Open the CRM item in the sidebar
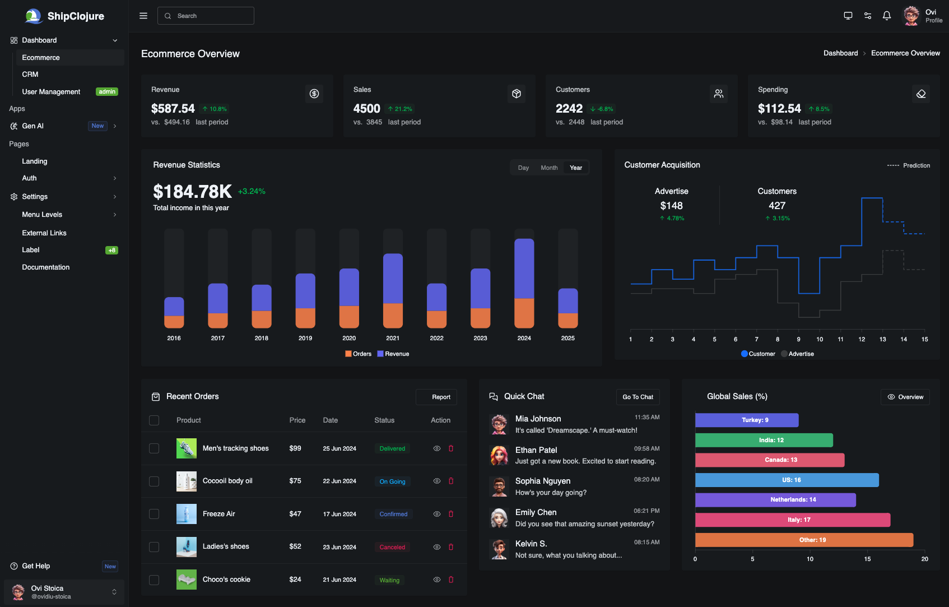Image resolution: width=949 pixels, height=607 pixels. pos(30,75)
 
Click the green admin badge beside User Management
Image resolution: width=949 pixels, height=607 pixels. pos(107,92)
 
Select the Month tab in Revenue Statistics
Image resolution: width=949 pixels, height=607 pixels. pos(549,168)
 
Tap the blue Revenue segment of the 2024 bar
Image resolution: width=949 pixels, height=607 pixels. pos(524,269)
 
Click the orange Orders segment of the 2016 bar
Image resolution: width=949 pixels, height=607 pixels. pos(174,322)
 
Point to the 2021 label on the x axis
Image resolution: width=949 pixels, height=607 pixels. pos(393,338)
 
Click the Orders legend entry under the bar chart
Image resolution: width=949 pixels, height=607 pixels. pos(359,354)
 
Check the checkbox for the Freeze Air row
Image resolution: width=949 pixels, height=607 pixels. pos(154,514)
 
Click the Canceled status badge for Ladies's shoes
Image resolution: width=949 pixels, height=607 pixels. pos(392,547)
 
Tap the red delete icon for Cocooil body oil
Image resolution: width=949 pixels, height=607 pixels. pos(451,481)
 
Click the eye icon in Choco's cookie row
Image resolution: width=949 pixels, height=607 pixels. pos(437,580)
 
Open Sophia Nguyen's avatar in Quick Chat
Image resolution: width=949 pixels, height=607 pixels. pos(499,486)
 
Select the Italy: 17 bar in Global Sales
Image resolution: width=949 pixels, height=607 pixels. pos(792,520)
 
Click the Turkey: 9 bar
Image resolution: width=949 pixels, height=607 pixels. pos(747,420)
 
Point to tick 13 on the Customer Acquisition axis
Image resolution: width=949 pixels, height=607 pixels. pos(882,339)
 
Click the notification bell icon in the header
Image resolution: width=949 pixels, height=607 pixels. pos(887,16)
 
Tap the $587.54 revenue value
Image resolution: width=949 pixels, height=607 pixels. pos(173,109)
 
